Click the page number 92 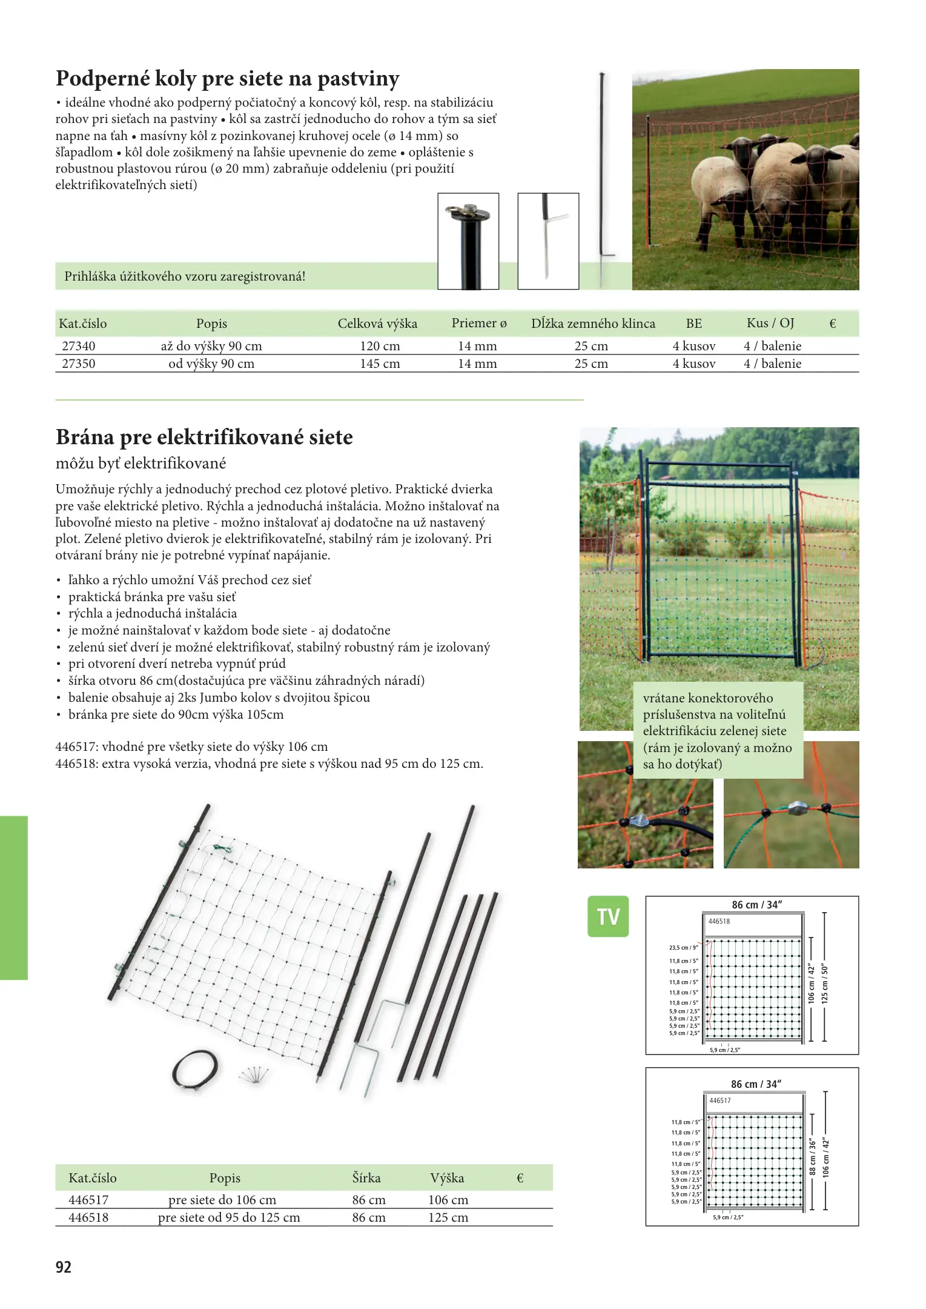tap(64, 1267)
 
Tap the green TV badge tap(608, 916)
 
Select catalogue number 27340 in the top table tap(79, 346)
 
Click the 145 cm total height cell tap(380, 364)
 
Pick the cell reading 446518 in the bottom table tap(88, 1217)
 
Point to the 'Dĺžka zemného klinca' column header tap(593, 324)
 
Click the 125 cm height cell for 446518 tap(448, 1217)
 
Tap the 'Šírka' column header tap(366, 1178)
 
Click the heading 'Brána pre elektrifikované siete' tap(204, 437)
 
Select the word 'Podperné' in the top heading tap(102, 79)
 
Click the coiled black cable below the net tap(195, 1070)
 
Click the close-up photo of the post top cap tap(468, 241)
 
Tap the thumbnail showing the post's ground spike tap(548, 241)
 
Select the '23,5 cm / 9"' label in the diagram tap(683, 947)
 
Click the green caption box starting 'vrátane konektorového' tap(718, 730)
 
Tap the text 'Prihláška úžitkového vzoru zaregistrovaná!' tap(185, 277)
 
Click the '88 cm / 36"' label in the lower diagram tap(813, 1157)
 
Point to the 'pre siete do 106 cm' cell tap(222, 1200)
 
